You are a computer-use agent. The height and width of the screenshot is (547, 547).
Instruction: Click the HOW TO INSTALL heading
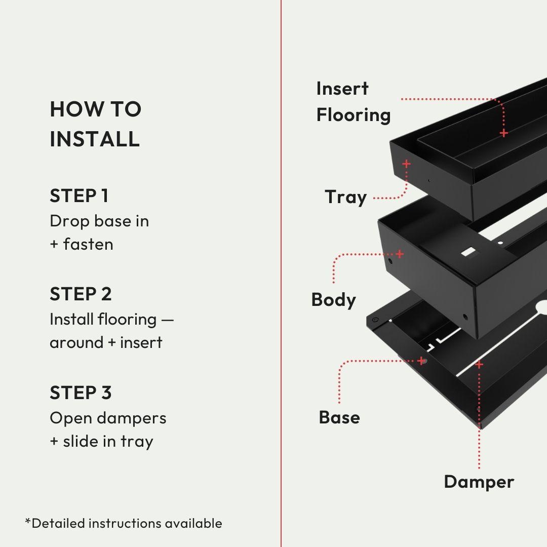coord(95,124)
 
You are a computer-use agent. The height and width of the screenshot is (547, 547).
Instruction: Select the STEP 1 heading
coord(79,196)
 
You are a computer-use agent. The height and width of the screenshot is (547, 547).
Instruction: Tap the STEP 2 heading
coord(81,294)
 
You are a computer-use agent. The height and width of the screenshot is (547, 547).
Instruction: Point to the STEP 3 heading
coord(81,393)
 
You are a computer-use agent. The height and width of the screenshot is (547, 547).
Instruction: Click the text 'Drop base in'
coord(99,221)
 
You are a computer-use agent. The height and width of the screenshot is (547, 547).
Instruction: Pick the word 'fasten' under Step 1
coord(88,245)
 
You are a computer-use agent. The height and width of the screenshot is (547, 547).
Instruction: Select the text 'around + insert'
coord(106,342)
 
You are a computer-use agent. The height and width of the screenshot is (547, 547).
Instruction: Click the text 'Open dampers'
coord(108,418)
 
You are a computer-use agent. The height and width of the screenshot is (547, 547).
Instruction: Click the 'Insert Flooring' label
coord(353,102)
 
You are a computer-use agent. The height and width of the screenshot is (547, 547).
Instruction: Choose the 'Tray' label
coord(345,197)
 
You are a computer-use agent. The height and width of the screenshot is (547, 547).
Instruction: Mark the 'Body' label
coord(333,300)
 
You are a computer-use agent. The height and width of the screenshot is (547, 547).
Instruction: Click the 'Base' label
coord(339,418)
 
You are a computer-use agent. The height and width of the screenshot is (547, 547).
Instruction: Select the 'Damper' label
coord(479,482)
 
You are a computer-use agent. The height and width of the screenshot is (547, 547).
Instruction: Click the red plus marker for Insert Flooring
coord(503,133)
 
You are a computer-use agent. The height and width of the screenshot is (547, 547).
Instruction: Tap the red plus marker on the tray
coord(406,164)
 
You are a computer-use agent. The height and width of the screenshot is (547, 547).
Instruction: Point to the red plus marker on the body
coord(400,254)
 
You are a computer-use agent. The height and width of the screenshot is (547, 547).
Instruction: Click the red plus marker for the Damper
coord(479,364)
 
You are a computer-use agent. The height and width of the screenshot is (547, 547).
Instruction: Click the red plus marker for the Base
coord(421,361)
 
